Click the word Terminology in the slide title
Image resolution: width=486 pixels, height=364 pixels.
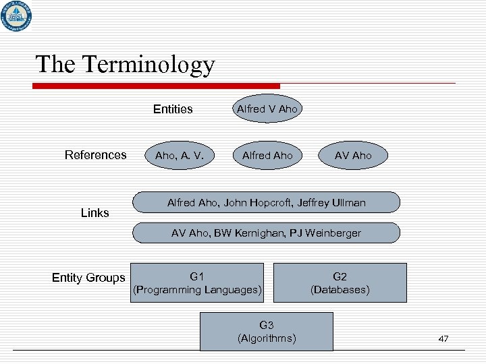(148, 64)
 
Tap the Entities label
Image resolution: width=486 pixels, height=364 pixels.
(173, 109)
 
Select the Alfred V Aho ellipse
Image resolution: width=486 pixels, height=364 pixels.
(267, 109)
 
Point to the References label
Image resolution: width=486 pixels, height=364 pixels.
(95, 155)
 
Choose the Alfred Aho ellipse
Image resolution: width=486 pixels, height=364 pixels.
(267, 156)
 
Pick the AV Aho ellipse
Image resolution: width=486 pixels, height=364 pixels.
(353, 156)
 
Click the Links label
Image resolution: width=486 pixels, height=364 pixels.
(94, 213)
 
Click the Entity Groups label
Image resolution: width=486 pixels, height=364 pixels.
(88, 278)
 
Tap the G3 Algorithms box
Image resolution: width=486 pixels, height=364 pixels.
(267, 332)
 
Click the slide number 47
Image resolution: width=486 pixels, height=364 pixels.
(443, 338)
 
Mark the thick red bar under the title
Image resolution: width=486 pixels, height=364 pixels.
(157, 86)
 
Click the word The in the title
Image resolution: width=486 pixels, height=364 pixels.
(55, 64)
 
